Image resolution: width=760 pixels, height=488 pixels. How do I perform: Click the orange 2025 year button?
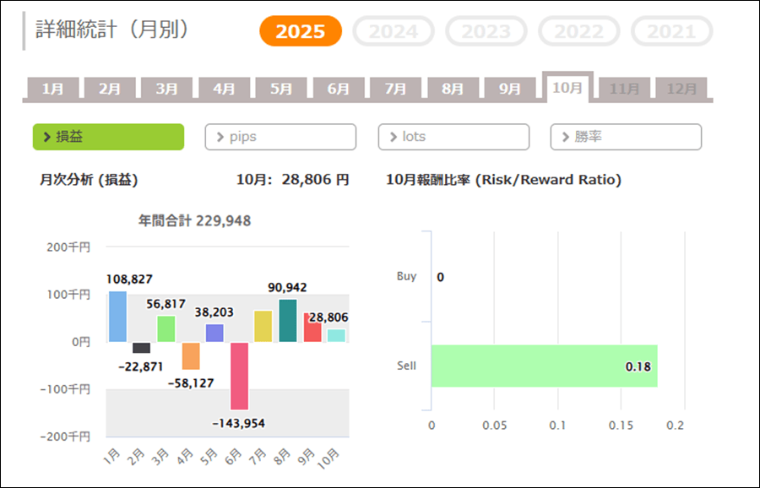pos(301,31)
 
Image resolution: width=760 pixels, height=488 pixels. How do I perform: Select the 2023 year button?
pos(486,31)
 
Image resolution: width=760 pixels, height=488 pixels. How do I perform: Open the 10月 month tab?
pos(567,88)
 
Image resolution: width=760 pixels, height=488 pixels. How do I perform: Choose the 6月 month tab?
pos(338,89)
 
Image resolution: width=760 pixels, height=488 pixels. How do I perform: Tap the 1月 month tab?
pos(52,89)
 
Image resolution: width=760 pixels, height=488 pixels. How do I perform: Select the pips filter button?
pos(280,137)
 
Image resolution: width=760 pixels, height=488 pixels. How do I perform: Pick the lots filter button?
pos(453,137)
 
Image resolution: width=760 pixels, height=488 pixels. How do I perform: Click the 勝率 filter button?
pos(626,137)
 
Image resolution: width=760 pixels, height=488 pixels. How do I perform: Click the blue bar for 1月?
pos(117,317)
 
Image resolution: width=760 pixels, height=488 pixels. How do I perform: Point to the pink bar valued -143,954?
pos(239,375)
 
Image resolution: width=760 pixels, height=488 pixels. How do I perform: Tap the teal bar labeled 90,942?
pos(288,321)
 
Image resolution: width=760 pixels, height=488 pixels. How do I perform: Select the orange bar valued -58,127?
pos(191,355)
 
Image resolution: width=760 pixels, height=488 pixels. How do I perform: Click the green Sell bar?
pos(544,366)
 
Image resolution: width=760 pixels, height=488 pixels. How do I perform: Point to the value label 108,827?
pos(129,279)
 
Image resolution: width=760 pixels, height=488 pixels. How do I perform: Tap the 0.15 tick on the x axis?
pos(621,425)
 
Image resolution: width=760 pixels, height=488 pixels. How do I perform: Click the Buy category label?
pos(406,276)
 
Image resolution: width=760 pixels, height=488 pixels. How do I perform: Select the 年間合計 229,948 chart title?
pos(194,220)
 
